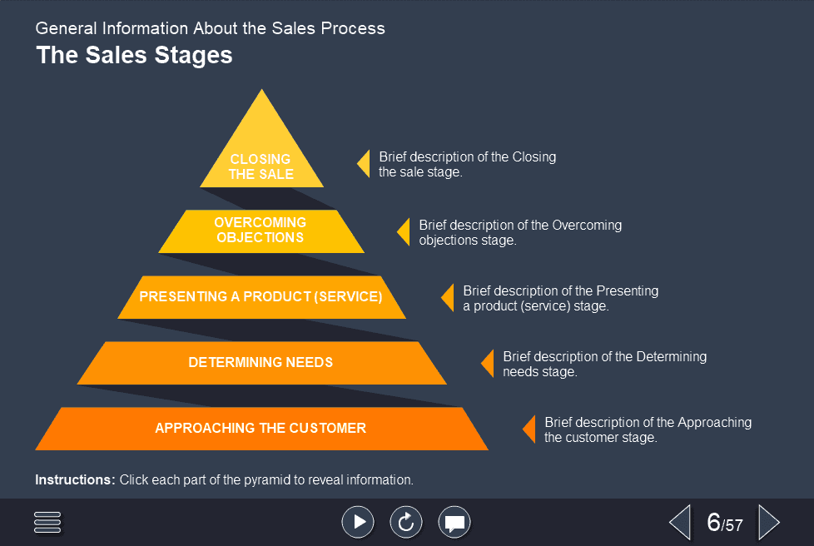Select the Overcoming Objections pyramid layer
tap(261, 231)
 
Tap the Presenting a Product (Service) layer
tap(261, 297)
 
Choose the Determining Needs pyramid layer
tap(261, 363)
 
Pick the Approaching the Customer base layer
tap(261, 429)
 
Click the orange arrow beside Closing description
tap(364, 163)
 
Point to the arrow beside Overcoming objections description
tap(404, 231)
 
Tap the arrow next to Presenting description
tap(448, 297)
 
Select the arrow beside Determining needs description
tap(488, 363)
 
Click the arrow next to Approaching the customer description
tap(529, 429)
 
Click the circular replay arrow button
tap(406, 522)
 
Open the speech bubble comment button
tap(454, 522)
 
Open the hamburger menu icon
tap(47, 522)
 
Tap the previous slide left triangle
tap(680, 523)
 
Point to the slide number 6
tap(713, 523)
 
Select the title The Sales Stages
tap(134, 56)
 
